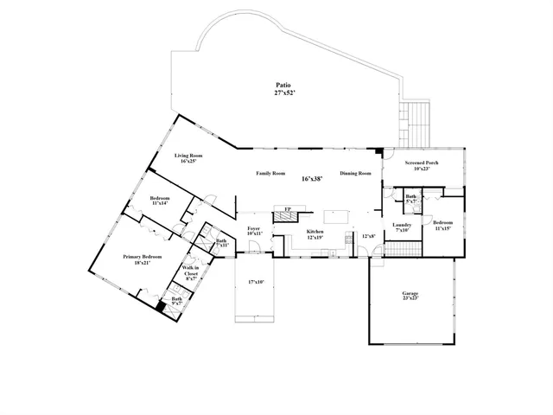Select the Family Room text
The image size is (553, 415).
[x=270, y=174]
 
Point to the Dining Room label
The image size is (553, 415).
[x=355, y=174]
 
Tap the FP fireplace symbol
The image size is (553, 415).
[x=288, y=210]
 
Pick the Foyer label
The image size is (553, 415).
[x=254, y=230]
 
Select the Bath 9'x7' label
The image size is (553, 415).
[x=176, y=301]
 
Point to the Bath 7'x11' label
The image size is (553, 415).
[x=221, y=243]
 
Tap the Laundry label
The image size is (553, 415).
[x=401, y=227]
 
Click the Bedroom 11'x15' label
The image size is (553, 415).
[x=442, y=225]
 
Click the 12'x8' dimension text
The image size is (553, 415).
[x=368, y=235]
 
